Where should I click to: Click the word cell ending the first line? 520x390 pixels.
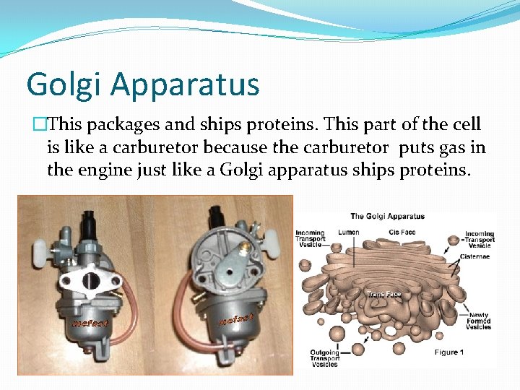(x=465, y=124)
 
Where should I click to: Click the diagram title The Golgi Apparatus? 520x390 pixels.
(x=388, y=216)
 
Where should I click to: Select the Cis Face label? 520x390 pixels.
(x=402, y=233)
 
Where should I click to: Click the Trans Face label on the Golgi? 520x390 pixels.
(x=384, y=294)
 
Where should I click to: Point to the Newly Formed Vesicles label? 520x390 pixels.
(x=479, y=320)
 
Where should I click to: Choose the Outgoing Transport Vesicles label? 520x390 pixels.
(x=325, y=357)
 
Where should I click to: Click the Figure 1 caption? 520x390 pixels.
(x=450, y=352)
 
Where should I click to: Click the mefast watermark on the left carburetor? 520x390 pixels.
(x=90, y=323)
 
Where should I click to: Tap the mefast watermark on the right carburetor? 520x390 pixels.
(x=237, y=318)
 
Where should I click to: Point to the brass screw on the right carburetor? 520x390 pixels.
(x=244, y=247)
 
